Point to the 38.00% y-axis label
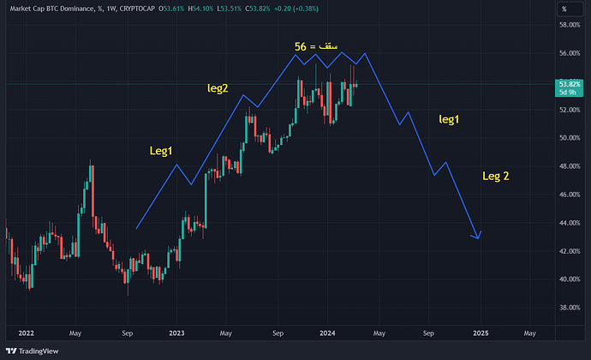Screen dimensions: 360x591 (x=569, y=307)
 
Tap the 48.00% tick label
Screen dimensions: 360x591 (x=569, y=165)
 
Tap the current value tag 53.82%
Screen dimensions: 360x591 (x=569, y=85)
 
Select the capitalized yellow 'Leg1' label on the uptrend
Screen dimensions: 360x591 (x=161, y=151)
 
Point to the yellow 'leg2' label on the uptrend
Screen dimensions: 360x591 (x=218, y=87)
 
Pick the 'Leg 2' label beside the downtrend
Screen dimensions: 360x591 (x=495, y=176)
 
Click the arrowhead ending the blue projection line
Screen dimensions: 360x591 (x=478, y=237)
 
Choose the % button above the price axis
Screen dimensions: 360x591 (x=564, y=8)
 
